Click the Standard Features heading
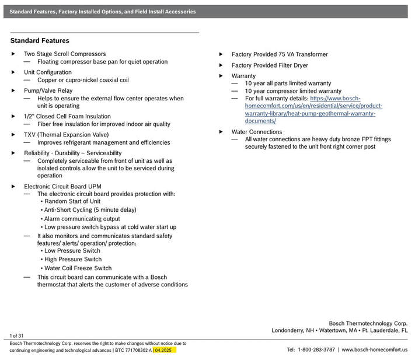(40, 41)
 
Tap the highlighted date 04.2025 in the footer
(165, 350)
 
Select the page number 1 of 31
(16, 335)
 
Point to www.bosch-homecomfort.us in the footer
(374, 350)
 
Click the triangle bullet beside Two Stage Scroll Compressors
(13, 54)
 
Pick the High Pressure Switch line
(73, 259)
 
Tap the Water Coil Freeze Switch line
(78, 268)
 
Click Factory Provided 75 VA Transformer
(280, 54)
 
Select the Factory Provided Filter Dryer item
(270, 65)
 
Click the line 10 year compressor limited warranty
(293, 91)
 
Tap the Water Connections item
(257, 132)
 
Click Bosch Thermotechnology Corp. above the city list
(368, 323)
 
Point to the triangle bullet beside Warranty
(221, 76)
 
